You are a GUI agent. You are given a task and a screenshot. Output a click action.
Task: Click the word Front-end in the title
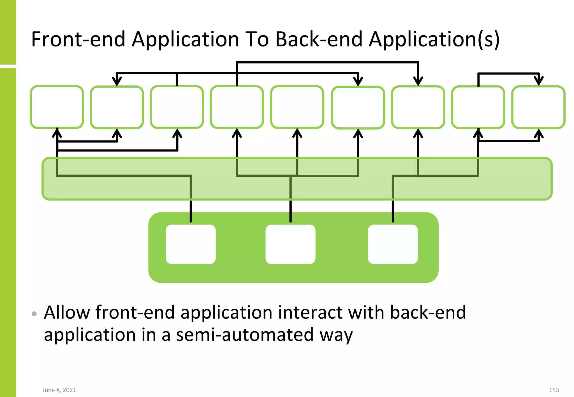78,39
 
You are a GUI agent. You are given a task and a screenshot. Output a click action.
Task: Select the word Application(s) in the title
434,40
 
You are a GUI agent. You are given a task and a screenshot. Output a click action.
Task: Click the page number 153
554,390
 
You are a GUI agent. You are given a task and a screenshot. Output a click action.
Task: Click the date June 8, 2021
59,390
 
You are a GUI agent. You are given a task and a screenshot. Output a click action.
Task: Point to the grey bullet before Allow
34,314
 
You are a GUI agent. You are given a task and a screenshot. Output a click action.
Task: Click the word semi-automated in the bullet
244,335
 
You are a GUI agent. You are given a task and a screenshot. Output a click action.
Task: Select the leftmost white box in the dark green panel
191,244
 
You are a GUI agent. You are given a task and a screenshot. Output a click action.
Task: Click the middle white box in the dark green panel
290,244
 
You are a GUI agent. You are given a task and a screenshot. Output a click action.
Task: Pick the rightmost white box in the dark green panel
393,244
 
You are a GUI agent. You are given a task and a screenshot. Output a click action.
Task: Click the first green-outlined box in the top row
57,107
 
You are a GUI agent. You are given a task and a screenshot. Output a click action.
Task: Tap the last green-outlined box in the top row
538,107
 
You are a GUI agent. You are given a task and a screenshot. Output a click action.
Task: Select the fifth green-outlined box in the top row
297,107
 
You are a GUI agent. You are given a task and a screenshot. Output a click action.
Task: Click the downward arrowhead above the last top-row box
538,81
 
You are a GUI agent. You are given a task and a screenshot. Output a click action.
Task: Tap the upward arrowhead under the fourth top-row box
237,133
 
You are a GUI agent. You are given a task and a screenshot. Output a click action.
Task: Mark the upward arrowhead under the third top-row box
177,133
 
